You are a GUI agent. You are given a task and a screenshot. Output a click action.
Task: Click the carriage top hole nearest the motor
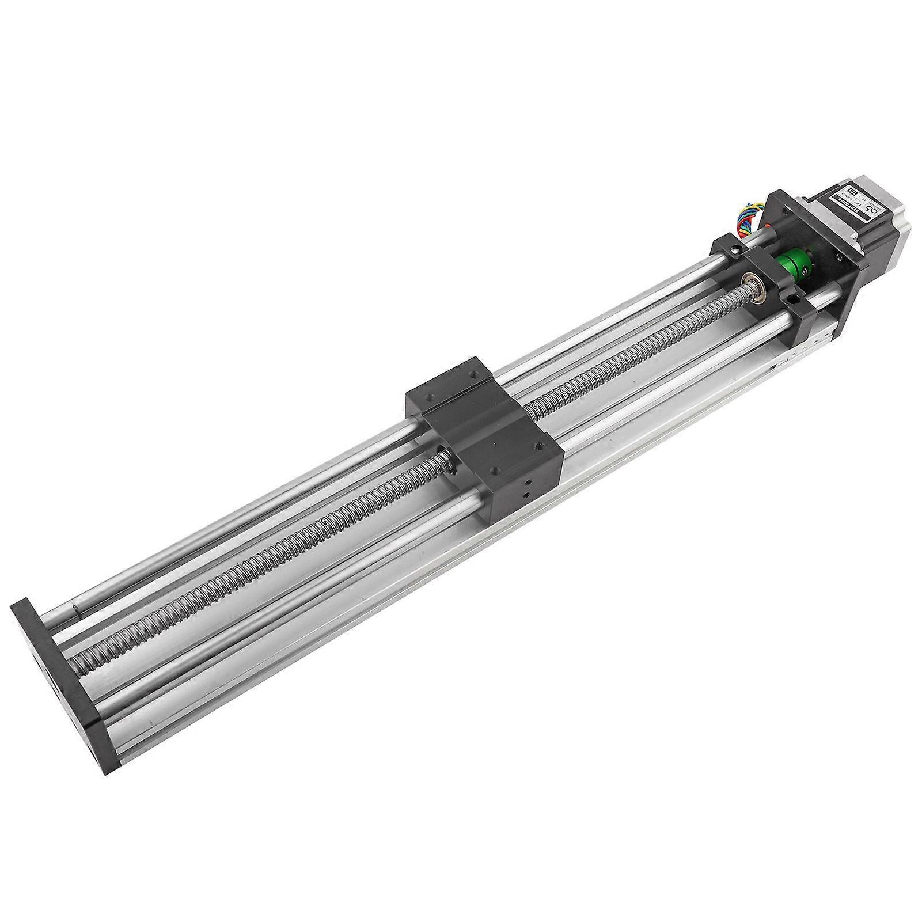click(476, 375)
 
